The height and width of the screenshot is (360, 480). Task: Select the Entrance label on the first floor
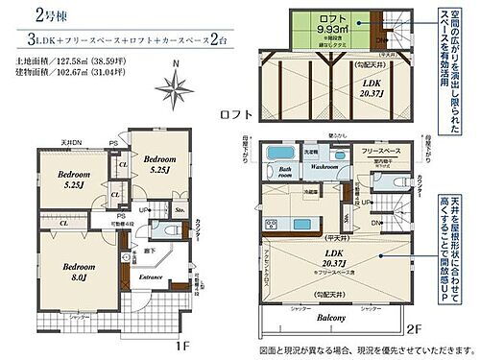(151, 277)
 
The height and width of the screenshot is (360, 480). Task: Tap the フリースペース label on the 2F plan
(381, 151)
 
